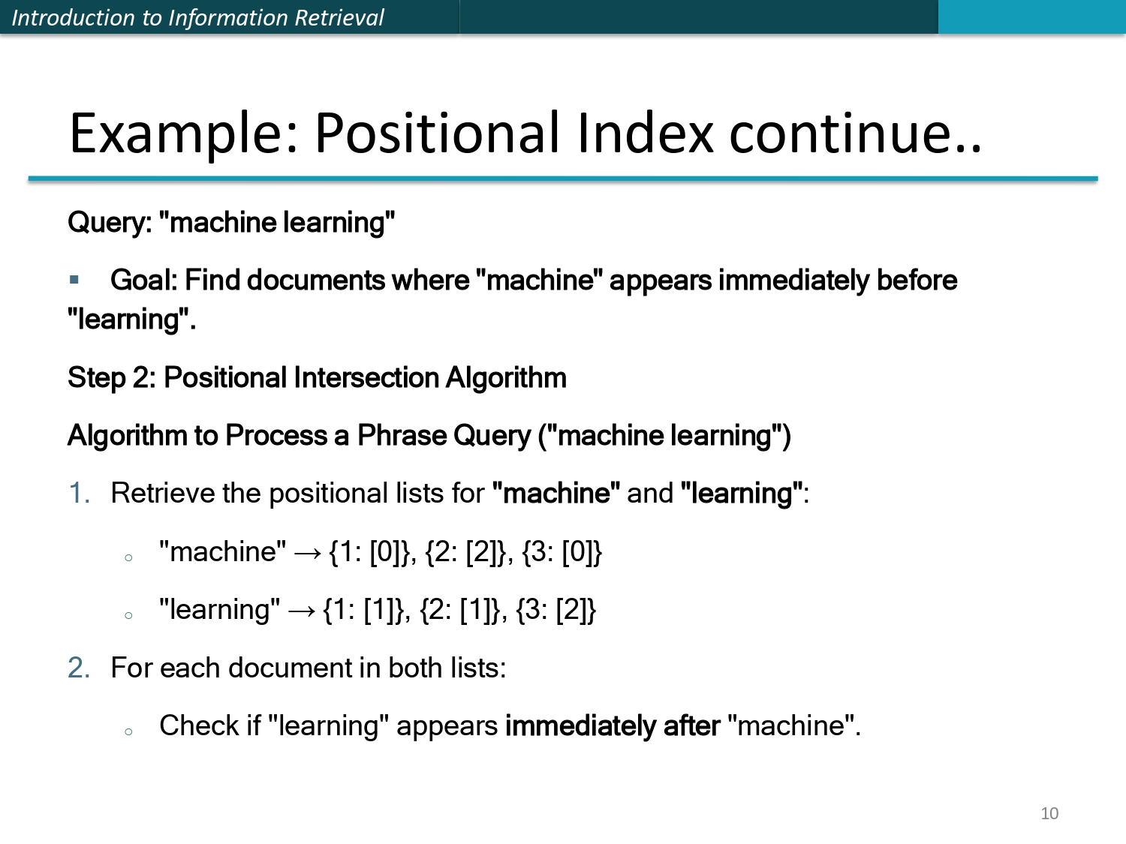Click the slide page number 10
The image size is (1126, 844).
(x=1049, y=813)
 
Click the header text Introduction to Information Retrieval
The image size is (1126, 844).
(x=197, y=17)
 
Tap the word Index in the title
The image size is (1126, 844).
(x=645, y=134)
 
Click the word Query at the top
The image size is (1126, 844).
(x=109, y=223)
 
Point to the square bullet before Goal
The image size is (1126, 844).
(x=74, y=280)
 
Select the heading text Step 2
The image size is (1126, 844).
(x=111, y=378)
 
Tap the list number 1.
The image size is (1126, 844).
(x=79, y=494)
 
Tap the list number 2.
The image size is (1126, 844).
(x=79, y=668)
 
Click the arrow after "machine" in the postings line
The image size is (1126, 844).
(x=307, y=554)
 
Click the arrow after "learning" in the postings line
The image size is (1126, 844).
(x=301, y=611)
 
